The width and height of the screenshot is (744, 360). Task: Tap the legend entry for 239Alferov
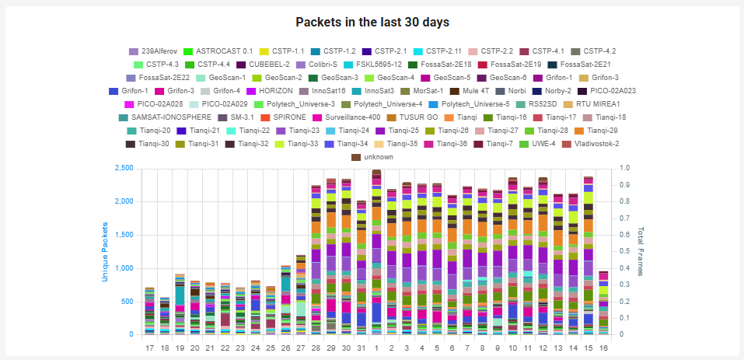152,51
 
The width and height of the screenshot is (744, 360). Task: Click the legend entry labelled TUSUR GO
412,117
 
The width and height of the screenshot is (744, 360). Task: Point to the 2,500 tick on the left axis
124,168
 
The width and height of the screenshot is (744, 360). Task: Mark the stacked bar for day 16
603,303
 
